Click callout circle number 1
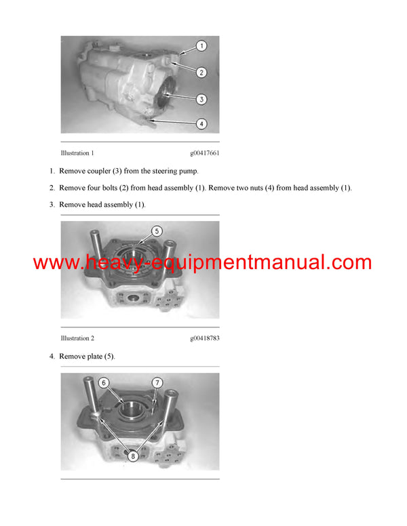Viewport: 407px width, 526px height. tap(201, 47)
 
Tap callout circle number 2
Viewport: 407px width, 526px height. tap(201, 72)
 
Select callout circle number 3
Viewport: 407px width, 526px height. tap(201, 99)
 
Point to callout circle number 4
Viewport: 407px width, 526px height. tap(201, 123)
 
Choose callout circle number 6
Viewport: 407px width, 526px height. tap(104, 383)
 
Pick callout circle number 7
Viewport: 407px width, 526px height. tap(157, 383)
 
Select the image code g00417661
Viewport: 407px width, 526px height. tap(204, 153)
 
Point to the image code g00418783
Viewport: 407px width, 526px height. tap(204, 338)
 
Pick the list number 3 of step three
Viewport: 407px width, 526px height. tap(52, 205)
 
